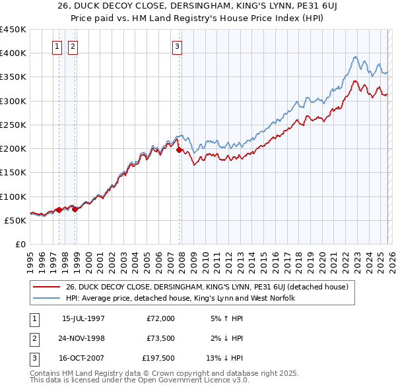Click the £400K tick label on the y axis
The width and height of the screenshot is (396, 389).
coord(13,53)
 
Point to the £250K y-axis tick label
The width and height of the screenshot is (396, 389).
coord(13,125)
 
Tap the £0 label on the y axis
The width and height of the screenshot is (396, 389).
coord(20,244)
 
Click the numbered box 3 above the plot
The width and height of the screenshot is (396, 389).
coord(178,46)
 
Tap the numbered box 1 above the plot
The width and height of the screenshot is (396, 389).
coord(57,46)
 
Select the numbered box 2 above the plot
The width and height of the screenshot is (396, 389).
coord(72,46)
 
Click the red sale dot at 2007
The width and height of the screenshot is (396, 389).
coord(179,150)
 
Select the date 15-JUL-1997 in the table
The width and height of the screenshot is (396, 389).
coord(83,318)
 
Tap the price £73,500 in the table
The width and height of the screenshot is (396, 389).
coord(158,338)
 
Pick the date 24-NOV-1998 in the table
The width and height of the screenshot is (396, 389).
coord(83,338)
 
